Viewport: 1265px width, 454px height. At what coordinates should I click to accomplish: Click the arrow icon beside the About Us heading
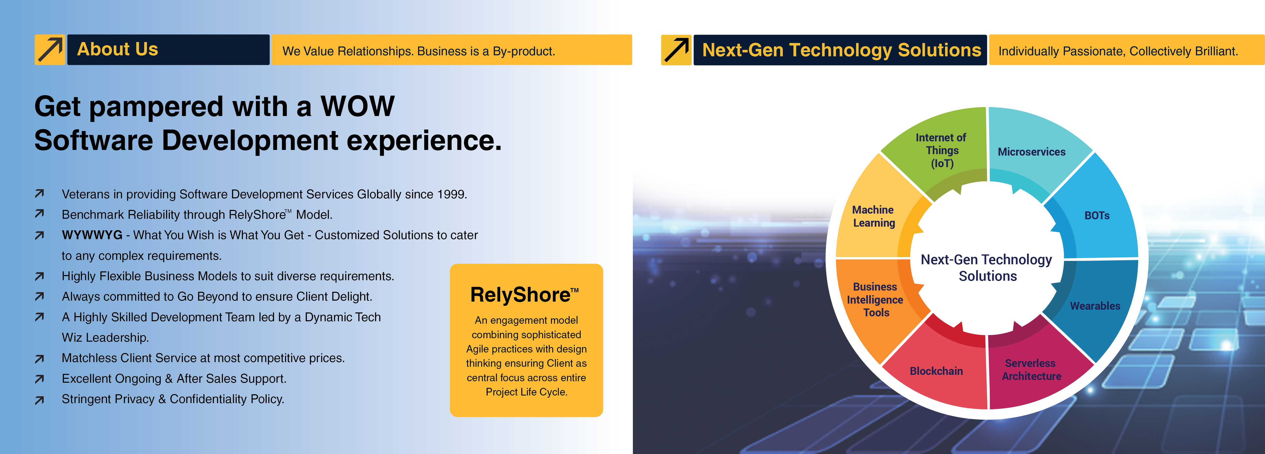tap(50, 50)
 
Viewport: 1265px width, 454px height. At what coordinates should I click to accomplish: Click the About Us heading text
tap(118, 49)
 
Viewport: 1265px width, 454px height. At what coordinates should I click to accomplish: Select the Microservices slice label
tap(1031, 152)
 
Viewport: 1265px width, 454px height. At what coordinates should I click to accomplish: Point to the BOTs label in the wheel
tap(1097, 215)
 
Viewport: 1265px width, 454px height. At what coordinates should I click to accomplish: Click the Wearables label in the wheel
tap(1095, 306)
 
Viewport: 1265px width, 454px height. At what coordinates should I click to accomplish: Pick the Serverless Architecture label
tap(1031, 369)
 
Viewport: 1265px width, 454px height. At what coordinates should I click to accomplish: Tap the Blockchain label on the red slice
tap(936, 371)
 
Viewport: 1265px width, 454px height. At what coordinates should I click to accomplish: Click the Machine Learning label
tap(874, 216)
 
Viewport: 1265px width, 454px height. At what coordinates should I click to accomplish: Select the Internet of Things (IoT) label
tap(941, 150)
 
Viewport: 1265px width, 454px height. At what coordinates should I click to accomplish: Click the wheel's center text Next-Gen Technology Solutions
tap(987, 268)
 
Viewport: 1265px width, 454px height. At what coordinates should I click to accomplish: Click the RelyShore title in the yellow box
tap(524, 295)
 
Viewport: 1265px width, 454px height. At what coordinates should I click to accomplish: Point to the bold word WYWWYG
tap(92, 235)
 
